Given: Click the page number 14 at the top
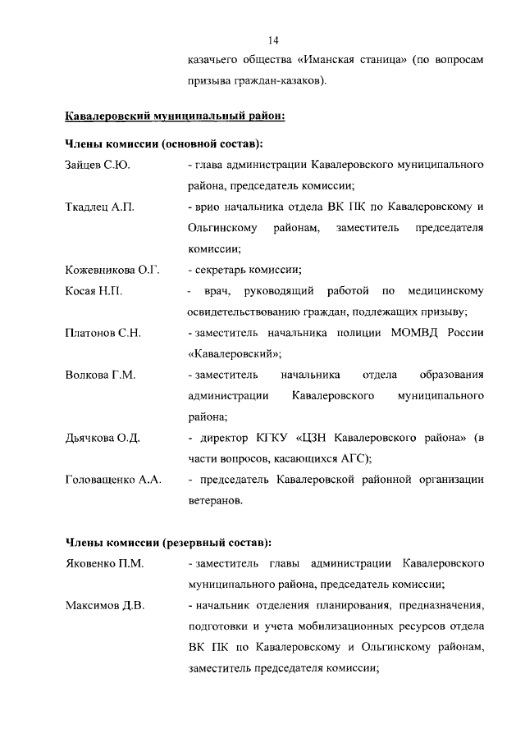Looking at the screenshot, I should (273, 39).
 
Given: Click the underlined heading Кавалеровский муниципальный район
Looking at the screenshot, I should (175, 116).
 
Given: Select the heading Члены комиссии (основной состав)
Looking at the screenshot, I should (163, 144).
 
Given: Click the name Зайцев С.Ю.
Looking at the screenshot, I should (98, 166).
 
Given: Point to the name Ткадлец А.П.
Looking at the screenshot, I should (98, 206).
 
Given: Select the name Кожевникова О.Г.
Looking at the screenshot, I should (112, 269).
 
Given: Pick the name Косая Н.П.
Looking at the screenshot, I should (94, 290).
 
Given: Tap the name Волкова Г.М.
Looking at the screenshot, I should (100, 375).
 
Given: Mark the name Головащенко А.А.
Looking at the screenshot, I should (112, 479).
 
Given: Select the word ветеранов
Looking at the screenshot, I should (215, 500).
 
